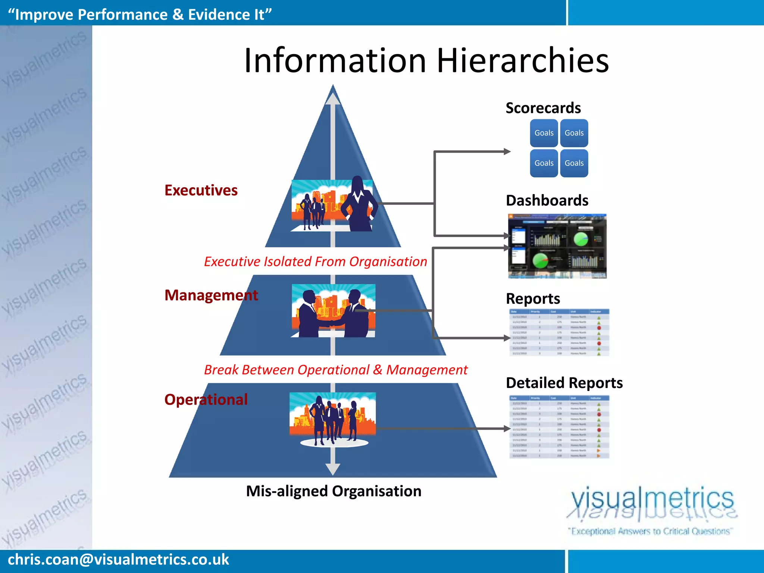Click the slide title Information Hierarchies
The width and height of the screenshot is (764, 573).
426,60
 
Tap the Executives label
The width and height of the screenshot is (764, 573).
201,190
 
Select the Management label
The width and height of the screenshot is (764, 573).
211,295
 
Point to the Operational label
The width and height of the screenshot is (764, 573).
206,400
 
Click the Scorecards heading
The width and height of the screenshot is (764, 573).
543,108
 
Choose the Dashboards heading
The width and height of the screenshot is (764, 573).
547,200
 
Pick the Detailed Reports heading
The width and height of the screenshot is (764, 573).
564,383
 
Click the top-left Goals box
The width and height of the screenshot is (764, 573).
544,133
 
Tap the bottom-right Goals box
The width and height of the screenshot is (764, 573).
574,163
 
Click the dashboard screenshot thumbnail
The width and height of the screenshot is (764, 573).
557,246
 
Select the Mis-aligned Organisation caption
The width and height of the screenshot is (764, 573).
334,491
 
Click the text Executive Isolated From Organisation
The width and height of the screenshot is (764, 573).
315,262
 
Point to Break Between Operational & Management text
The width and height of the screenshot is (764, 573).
336,370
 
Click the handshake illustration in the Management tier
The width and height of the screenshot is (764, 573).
333,311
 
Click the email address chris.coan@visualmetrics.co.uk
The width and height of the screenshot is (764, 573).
118,560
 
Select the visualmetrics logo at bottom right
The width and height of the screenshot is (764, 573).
652,509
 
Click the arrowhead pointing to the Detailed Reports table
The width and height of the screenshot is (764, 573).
507,429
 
